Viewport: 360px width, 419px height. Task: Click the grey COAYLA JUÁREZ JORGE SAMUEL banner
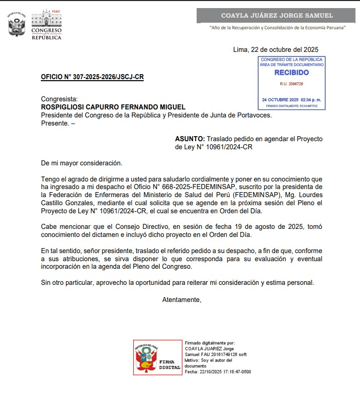pyautogui.click(x=277, y=16)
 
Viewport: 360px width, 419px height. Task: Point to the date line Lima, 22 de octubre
pyautogui.click(x=276, y=49)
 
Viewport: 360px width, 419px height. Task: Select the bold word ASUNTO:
pyautogui.click(x=190, y=139)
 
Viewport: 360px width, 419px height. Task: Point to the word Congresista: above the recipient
pyautogui.click(x=59, y=99)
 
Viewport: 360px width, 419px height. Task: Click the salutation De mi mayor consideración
pyautogui.click(x=82, y=163)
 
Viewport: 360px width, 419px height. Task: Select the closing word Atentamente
pyautogui.click(x=182, y=300)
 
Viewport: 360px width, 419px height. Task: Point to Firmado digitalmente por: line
pyautogui.click(x=210, y=343)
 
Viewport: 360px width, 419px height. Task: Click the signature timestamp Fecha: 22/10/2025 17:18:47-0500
pyautogui.click(x=218, y=372)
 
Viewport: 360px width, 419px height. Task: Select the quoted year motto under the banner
pyautogui.click(x=277, y=28)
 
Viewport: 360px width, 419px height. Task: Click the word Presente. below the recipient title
pyautogui.click(x=54, y=123)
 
